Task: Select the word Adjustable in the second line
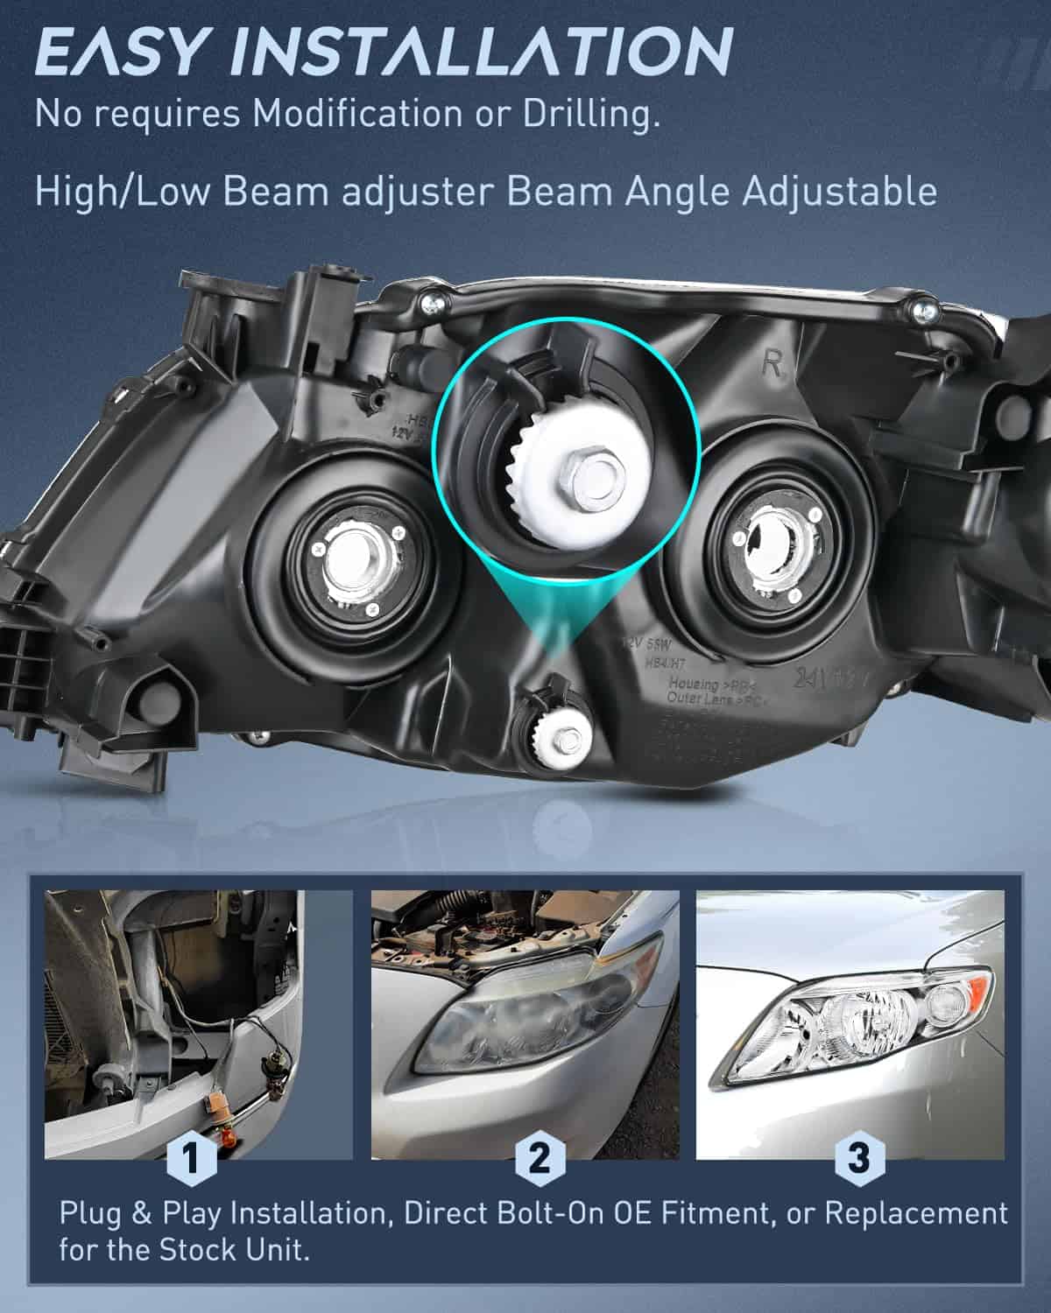[840, 191]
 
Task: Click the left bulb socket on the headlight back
[356, 568]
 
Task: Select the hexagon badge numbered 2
[540, 1159]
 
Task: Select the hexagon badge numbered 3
[858, 1159]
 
